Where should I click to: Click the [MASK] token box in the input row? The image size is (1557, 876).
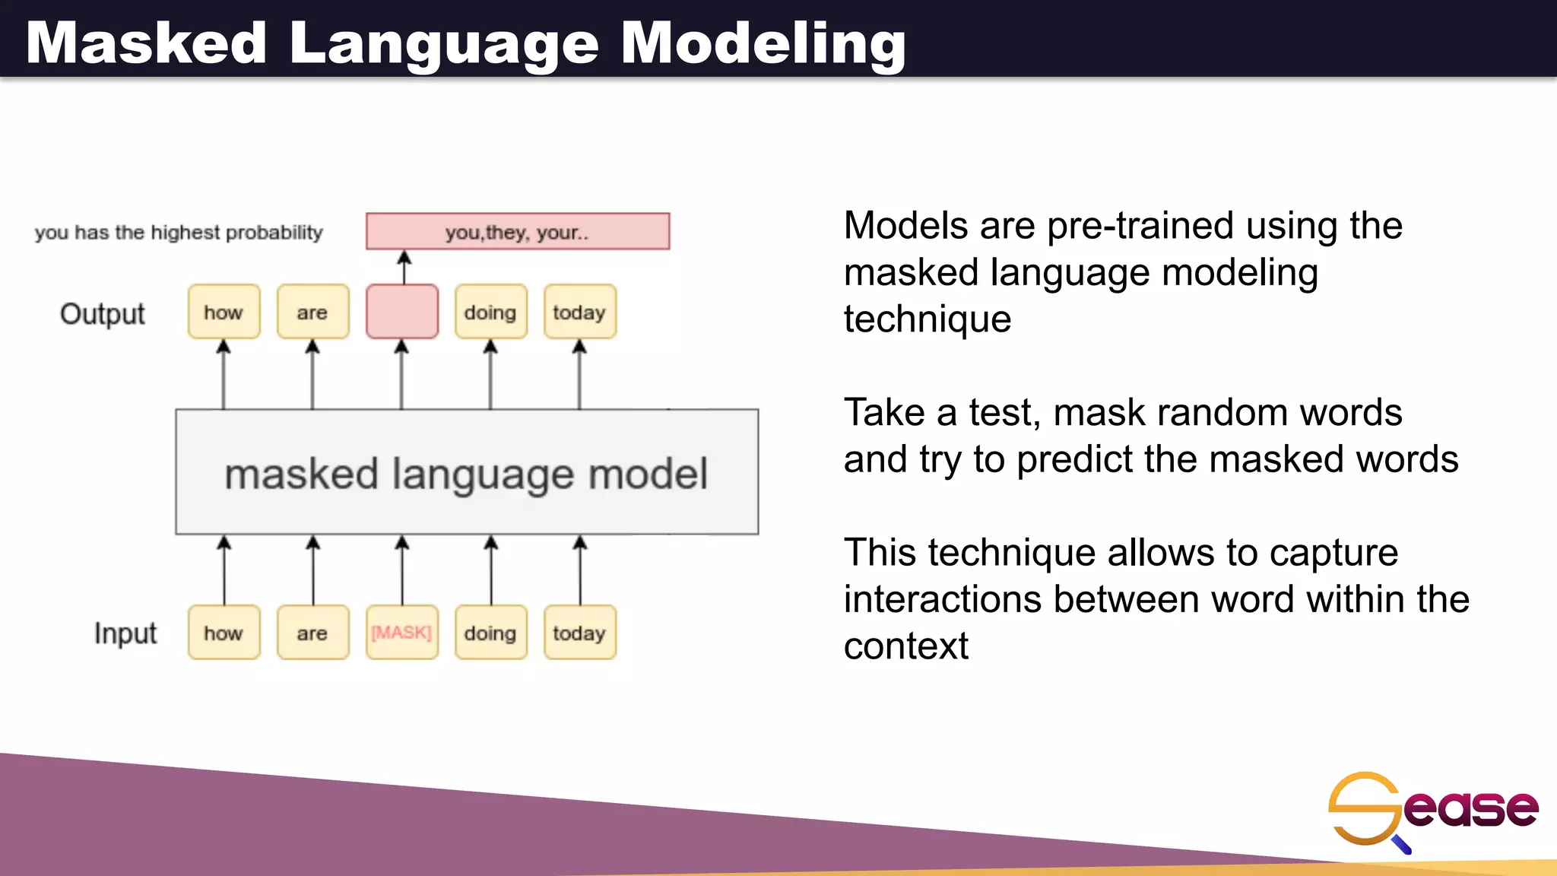401,633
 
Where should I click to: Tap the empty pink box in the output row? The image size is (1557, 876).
401,312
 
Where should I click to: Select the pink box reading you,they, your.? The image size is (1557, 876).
518,232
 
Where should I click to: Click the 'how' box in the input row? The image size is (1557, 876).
224,633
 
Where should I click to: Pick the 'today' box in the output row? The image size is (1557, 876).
579,312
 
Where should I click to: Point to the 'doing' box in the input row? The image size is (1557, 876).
490,633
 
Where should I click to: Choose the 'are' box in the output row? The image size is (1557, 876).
312,312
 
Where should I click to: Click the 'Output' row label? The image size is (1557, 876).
103,314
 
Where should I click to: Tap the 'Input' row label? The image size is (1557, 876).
125,633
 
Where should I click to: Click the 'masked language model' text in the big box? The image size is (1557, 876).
466,474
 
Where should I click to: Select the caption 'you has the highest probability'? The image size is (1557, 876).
179,233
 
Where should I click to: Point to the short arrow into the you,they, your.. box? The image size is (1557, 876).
404,267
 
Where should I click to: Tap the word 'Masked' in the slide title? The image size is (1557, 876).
147,43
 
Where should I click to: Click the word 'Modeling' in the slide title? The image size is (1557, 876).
763,43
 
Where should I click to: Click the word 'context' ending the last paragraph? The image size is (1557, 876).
905,646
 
